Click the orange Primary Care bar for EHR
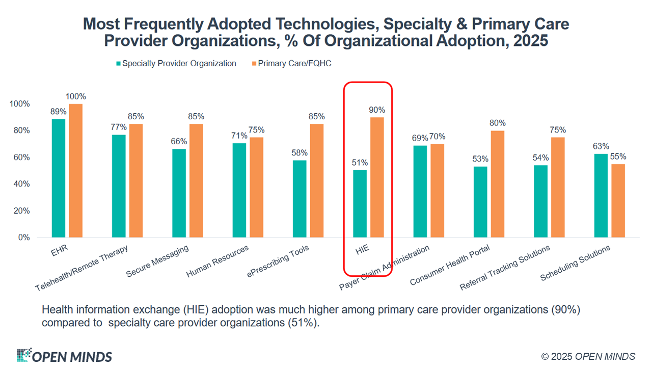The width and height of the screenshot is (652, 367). pos(75,171)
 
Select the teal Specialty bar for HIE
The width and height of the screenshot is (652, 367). pos(360,203)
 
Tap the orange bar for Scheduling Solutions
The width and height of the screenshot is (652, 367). pos(618,201)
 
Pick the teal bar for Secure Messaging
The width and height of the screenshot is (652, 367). pos(179,193)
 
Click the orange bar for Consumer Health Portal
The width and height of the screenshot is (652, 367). pos(498,184)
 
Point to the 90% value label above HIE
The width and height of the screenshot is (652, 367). pos(377,110)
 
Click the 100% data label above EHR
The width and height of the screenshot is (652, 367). pos(76,96)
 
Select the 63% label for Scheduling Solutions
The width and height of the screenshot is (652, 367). pos(600,146)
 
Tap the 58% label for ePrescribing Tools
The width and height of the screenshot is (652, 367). pos(300,153)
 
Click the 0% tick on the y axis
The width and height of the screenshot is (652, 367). pos(24,238)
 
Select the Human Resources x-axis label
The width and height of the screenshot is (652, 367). pos(218,261)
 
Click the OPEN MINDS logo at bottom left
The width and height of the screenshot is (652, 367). pos(64,356)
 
